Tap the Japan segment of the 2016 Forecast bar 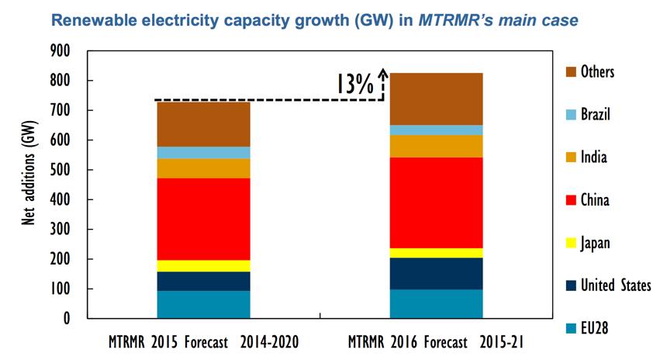point(436,253)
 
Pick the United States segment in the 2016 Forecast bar point(436,273)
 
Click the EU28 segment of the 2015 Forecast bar point(203,304)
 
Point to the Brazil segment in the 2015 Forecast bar point(203,152)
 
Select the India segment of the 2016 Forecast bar point(436,146)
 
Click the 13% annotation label point(354,84)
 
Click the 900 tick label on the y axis point(60,51)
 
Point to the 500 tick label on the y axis point(60,170)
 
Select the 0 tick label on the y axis point(67,319)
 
